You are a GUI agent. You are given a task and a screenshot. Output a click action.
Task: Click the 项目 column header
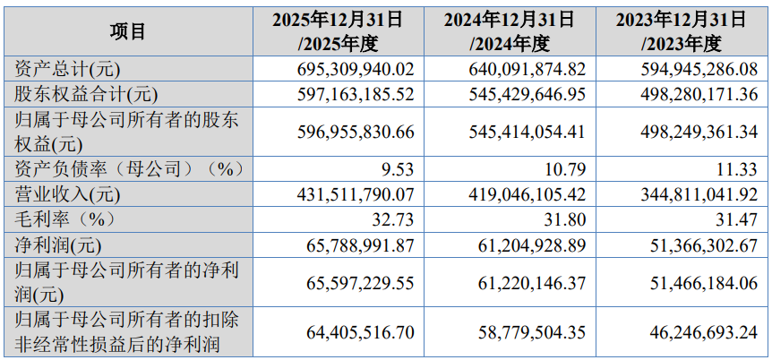tap(128, 30)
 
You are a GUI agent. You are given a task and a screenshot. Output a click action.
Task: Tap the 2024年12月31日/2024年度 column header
tap(510, 30)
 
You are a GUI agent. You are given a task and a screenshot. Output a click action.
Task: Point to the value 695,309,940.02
tap(356, 69)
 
